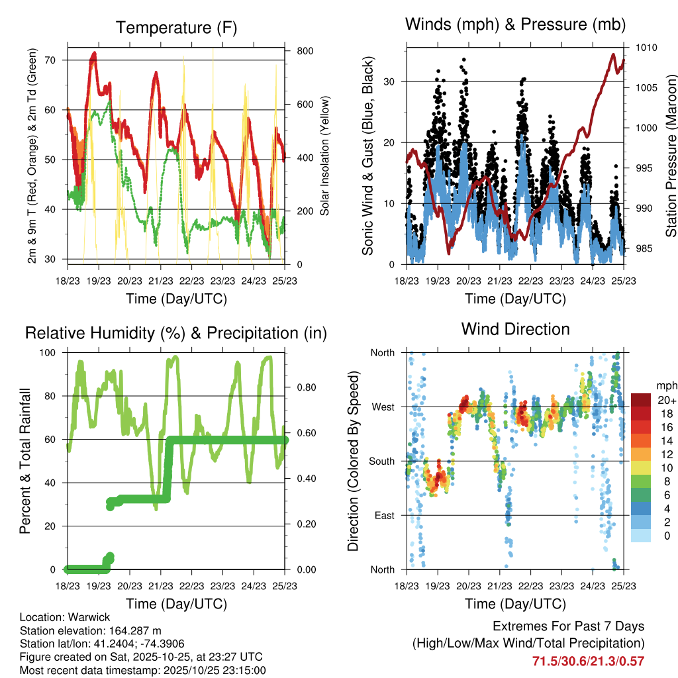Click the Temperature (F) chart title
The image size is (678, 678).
176,28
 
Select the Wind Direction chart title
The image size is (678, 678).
515,329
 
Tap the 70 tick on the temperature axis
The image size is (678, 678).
58,60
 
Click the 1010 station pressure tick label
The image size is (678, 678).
646,48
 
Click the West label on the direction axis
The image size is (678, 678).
383,407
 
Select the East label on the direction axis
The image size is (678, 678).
384,516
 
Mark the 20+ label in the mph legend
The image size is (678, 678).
667,401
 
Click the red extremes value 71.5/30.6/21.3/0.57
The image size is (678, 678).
588,661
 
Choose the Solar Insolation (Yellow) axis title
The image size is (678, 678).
325,156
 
